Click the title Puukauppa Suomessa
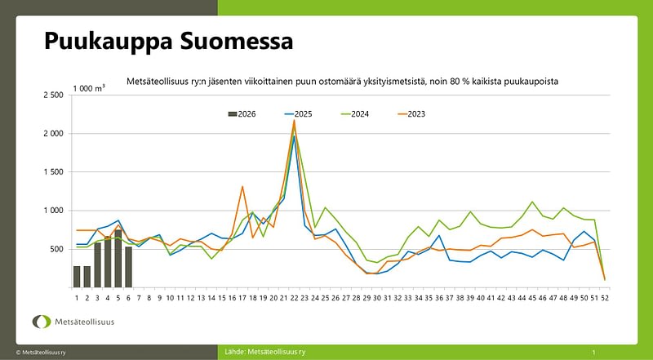coord(167,41)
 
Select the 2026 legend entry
coord(242,113)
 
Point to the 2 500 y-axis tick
coord(52,96)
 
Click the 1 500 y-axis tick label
coord(52,172)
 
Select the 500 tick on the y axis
coord(56,249)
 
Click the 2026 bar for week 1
coord(77,277)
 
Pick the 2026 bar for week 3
coord(97,264)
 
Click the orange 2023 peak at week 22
coord(294,121)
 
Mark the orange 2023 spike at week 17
coord(242,187)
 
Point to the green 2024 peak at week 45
coord(532,202)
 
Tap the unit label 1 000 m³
coord(88,87)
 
